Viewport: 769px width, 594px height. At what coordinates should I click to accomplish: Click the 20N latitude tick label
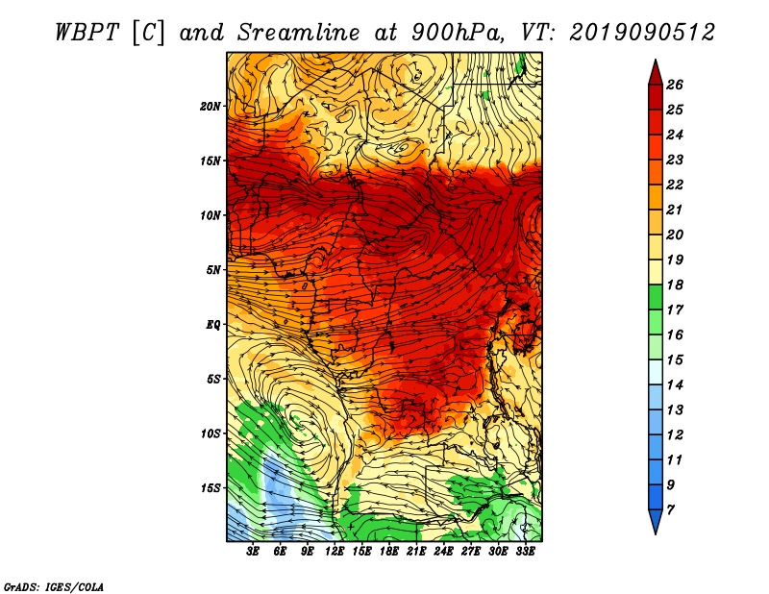pos(210,107)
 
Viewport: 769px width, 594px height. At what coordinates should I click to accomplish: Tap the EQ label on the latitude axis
pos(212,325)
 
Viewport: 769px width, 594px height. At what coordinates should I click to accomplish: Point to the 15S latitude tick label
pos(210,488)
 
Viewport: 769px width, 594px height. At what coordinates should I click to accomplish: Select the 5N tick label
pos(212,270)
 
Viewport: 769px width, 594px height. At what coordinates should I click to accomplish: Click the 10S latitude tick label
pos(210,434)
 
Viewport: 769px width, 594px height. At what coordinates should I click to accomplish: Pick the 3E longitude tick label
pos(253,552)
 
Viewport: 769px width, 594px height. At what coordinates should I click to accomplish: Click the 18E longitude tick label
pos(388,552)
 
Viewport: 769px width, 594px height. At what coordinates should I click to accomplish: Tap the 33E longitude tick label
pos(525,552)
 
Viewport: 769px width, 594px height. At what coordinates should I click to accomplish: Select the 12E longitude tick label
pos(334,552)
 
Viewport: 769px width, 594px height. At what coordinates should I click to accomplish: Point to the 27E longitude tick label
pos(470,552)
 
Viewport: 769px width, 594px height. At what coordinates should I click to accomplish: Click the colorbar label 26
pos(675,85)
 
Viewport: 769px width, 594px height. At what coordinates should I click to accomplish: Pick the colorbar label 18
pos(675,285)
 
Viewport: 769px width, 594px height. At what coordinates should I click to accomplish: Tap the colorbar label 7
pos(670,510)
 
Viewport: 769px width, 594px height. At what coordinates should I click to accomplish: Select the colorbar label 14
pos(675,385)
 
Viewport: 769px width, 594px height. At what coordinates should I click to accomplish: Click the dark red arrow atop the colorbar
pos(656,72)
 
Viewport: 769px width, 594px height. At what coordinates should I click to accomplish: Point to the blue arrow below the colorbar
pos(656,522)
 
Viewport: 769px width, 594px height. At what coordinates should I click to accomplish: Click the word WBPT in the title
pos(87,33)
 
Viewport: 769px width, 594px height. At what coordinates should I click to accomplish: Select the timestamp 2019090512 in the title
pos(642,33)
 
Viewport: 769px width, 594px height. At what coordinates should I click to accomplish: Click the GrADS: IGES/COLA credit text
pos(54,587)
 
